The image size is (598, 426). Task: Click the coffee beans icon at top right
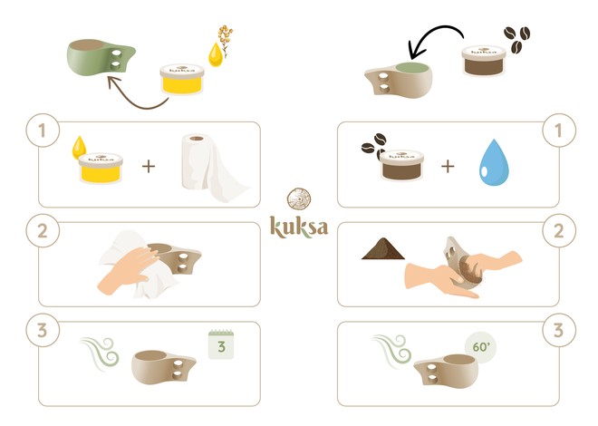coord(516,38)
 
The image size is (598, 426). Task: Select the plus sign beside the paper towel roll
coord(148,167)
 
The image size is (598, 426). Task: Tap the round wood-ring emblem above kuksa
coord(299,200)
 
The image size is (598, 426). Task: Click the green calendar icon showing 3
coord(223,345)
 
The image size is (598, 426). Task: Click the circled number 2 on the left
coord(40,230)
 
